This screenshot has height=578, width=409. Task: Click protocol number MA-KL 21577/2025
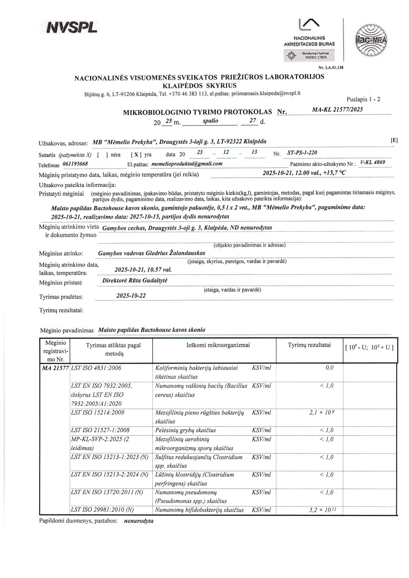(337, 109)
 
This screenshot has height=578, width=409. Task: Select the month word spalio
(210, 121)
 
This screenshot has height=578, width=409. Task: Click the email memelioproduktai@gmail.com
(187, 163)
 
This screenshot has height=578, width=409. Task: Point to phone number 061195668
(75, 164)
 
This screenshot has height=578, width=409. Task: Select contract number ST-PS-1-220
(302, 153)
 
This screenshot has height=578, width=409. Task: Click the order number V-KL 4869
(373, 162)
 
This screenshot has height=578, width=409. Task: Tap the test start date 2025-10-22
(131, 296)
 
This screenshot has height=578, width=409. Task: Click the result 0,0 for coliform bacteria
(329, 368)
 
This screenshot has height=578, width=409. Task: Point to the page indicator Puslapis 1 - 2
(363, 99)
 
